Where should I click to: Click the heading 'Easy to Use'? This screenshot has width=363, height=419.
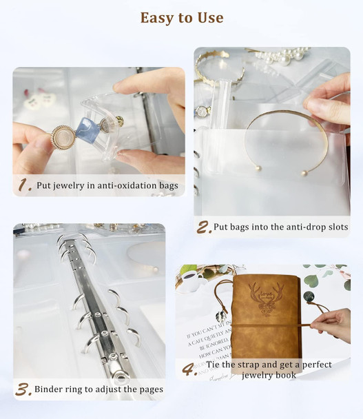coord(182,18)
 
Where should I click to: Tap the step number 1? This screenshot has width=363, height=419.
coord(25,185)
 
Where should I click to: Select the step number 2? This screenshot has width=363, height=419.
coord(204,227)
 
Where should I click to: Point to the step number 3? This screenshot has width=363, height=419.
coord(23,389)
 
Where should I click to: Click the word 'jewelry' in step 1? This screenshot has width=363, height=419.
coord(76,185)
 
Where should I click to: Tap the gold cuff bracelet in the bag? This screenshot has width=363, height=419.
coord(279,138)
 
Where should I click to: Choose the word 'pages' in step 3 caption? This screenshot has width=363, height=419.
coord(148,389)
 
